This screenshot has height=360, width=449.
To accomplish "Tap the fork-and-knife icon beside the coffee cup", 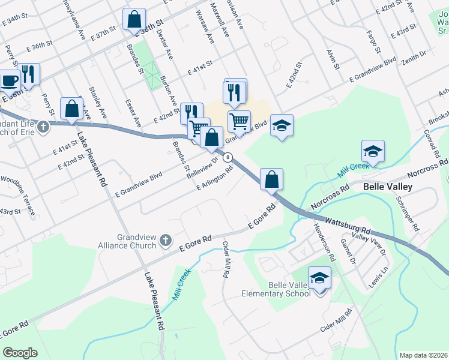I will (x=28, y=73).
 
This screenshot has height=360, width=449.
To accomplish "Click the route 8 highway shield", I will (x=229, y=157).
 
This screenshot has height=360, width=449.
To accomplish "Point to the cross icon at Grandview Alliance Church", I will (x=166, y=241).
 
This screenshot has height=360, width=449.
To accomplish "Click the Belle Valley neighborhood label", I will (x=388, y=187).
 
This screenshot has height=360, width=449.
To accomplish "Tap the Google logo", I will (x=20, y=352).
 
